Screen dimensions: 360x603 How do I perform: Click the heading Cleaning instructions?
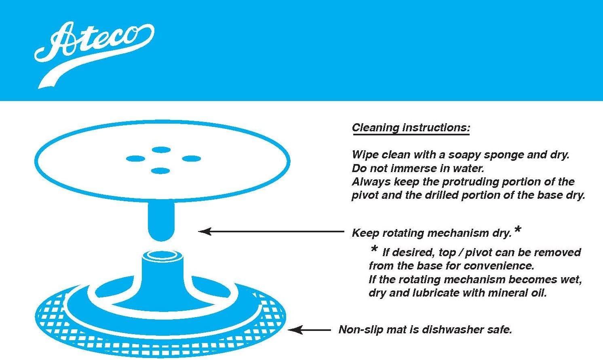411,128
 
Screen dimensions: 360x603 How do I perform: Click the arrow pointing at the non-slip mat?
309,330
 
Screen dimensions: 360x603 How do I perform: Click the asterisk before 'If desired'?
374,249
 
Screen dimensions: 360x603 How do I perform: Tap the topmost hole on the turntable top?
161,150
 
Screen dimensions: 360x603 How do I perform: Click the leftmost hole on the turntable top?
135,159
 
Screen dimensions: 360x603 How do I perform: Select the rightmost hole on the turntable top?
191,159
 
